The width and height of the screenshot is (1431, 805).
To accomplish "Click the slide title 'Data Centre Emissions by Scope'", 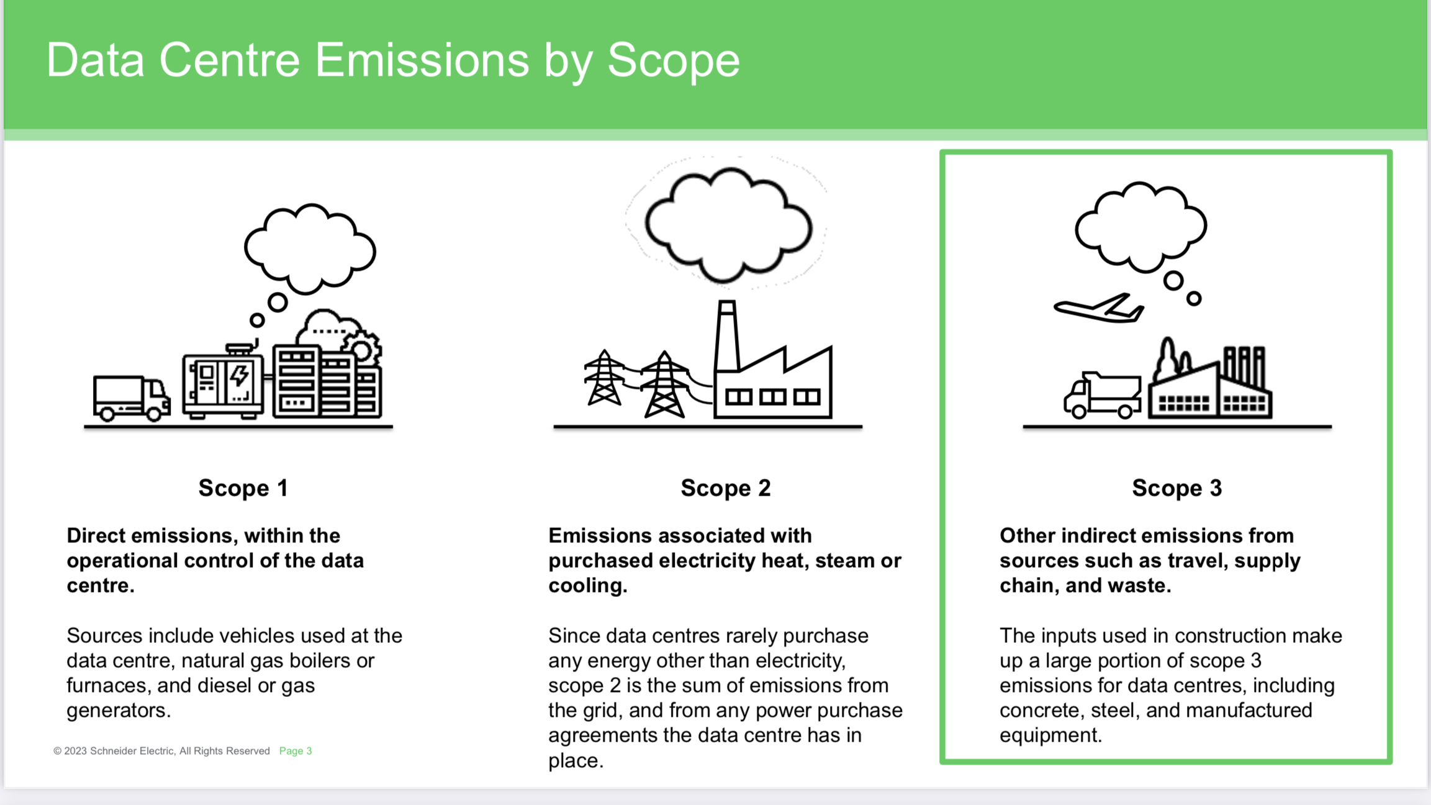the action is (393, 60).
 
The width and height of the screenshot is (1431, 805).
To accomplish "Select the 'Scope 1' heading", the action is (243, 488).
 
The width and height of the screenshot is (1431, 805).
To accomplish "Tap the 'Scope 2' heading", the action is (726, 488).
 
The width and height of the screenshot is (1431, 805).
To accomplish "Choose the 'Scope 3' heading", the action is (1177, 488).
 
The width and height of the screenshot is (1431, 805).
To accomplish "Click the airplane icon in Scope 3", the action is (1099, 308).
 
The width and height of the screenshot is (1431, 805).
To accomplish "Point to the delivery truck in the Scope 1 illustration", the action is (132, 398).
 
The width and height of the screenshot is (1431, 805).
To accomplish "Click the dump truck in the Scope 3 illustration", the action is (1102, 395).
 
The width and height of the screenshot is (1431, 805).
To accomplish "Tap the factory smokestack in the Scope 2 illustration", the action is (727, 336).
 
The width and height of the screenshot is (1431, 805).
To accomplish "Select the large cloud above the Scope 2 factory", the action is (728, 225).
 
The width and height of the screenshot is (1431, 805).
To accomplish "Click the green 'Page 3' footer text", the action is (296, 751).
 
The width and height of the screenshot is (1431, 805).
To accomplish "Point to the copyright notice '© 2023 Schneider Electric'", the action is (161, 751).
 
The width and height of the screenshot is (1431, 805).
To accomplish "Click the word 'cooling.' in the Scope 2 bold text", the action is (588, 586).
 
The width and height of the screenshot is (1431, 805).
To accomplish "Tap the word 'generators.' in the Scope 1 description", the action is (119, 711).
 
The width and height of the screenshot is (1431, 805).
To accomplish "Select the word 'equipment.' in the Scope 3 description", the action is (1051, 735).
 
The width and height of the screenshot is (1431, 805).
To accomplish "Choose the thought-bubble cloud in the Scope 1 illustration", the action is (310, 248).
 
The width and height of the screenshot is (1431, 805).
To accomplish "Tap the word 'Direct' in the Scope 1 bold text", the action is (96, 535).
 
